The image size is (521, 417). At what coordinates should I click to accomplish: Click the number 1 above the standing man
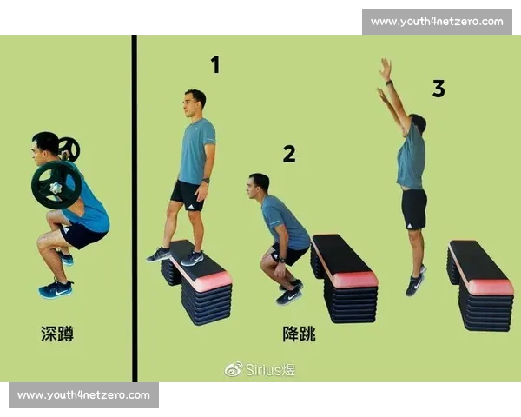click(x=215, y=64)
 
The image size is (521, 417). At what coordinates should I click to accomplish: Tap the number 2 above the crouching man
click(x=289, y=154)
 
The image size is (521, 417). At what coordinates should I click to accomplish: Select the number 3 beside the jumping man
click(x=439, y=89)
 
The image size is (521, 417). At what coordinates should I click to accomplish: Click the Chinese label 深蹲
click(x=57, y=334)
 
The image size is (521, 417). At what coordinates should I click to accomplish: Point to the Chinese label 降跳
click(x=299, y=334)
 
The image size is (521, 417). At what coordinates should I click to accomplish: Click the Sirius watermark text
click(x=270, y=369)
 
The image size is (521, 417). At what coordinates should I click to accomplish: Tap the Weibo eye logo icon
click(x=234, y=369)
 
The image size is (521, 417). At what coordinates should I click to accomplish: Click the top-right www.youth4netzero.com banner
click(x=437, y=22)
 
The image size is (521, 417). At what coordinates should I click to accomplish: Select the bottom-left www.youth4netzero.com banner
click(x=83, y=395)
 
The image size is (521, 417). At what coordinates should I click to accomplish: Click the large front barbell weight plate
click(x=56, y=185)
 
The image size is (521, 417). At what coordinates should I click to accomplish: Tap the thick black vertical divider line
click(x=135, y=208)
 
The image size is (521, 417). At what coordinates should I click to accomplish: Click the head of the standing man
click(x=195, y=103)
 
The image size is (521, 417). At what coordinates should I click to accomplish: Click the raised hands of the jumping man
click(x=385, y=78)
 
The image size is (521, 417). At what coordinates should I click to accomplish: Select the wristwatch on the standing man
click(x=206, y=181)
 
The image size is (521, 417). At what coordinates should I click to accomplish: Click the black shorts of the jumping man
click(x=414, y=209)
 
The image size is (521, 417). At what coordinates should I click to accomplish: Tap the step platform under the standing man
click(x=196, y=281)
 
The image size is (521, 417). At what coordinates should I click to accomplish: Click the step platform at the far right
click(x=480, y=286)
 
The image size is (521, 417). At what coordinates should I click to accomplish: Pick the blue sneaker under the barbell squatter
click(x=56, y=289)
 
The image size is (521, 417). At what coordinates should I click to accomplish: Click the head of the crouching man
click(x=258, y=186)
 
